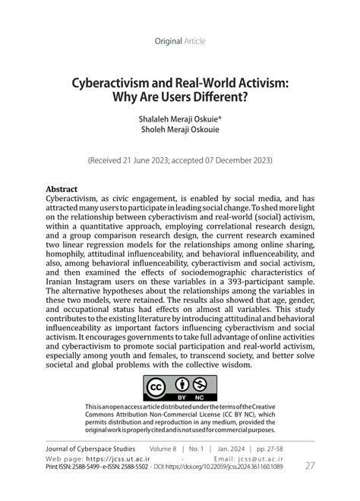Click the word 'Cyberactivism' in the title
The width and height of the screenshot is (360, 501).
(113, 82)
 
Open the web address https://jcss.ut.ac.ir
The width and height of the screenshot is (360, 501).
(114, 459)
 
